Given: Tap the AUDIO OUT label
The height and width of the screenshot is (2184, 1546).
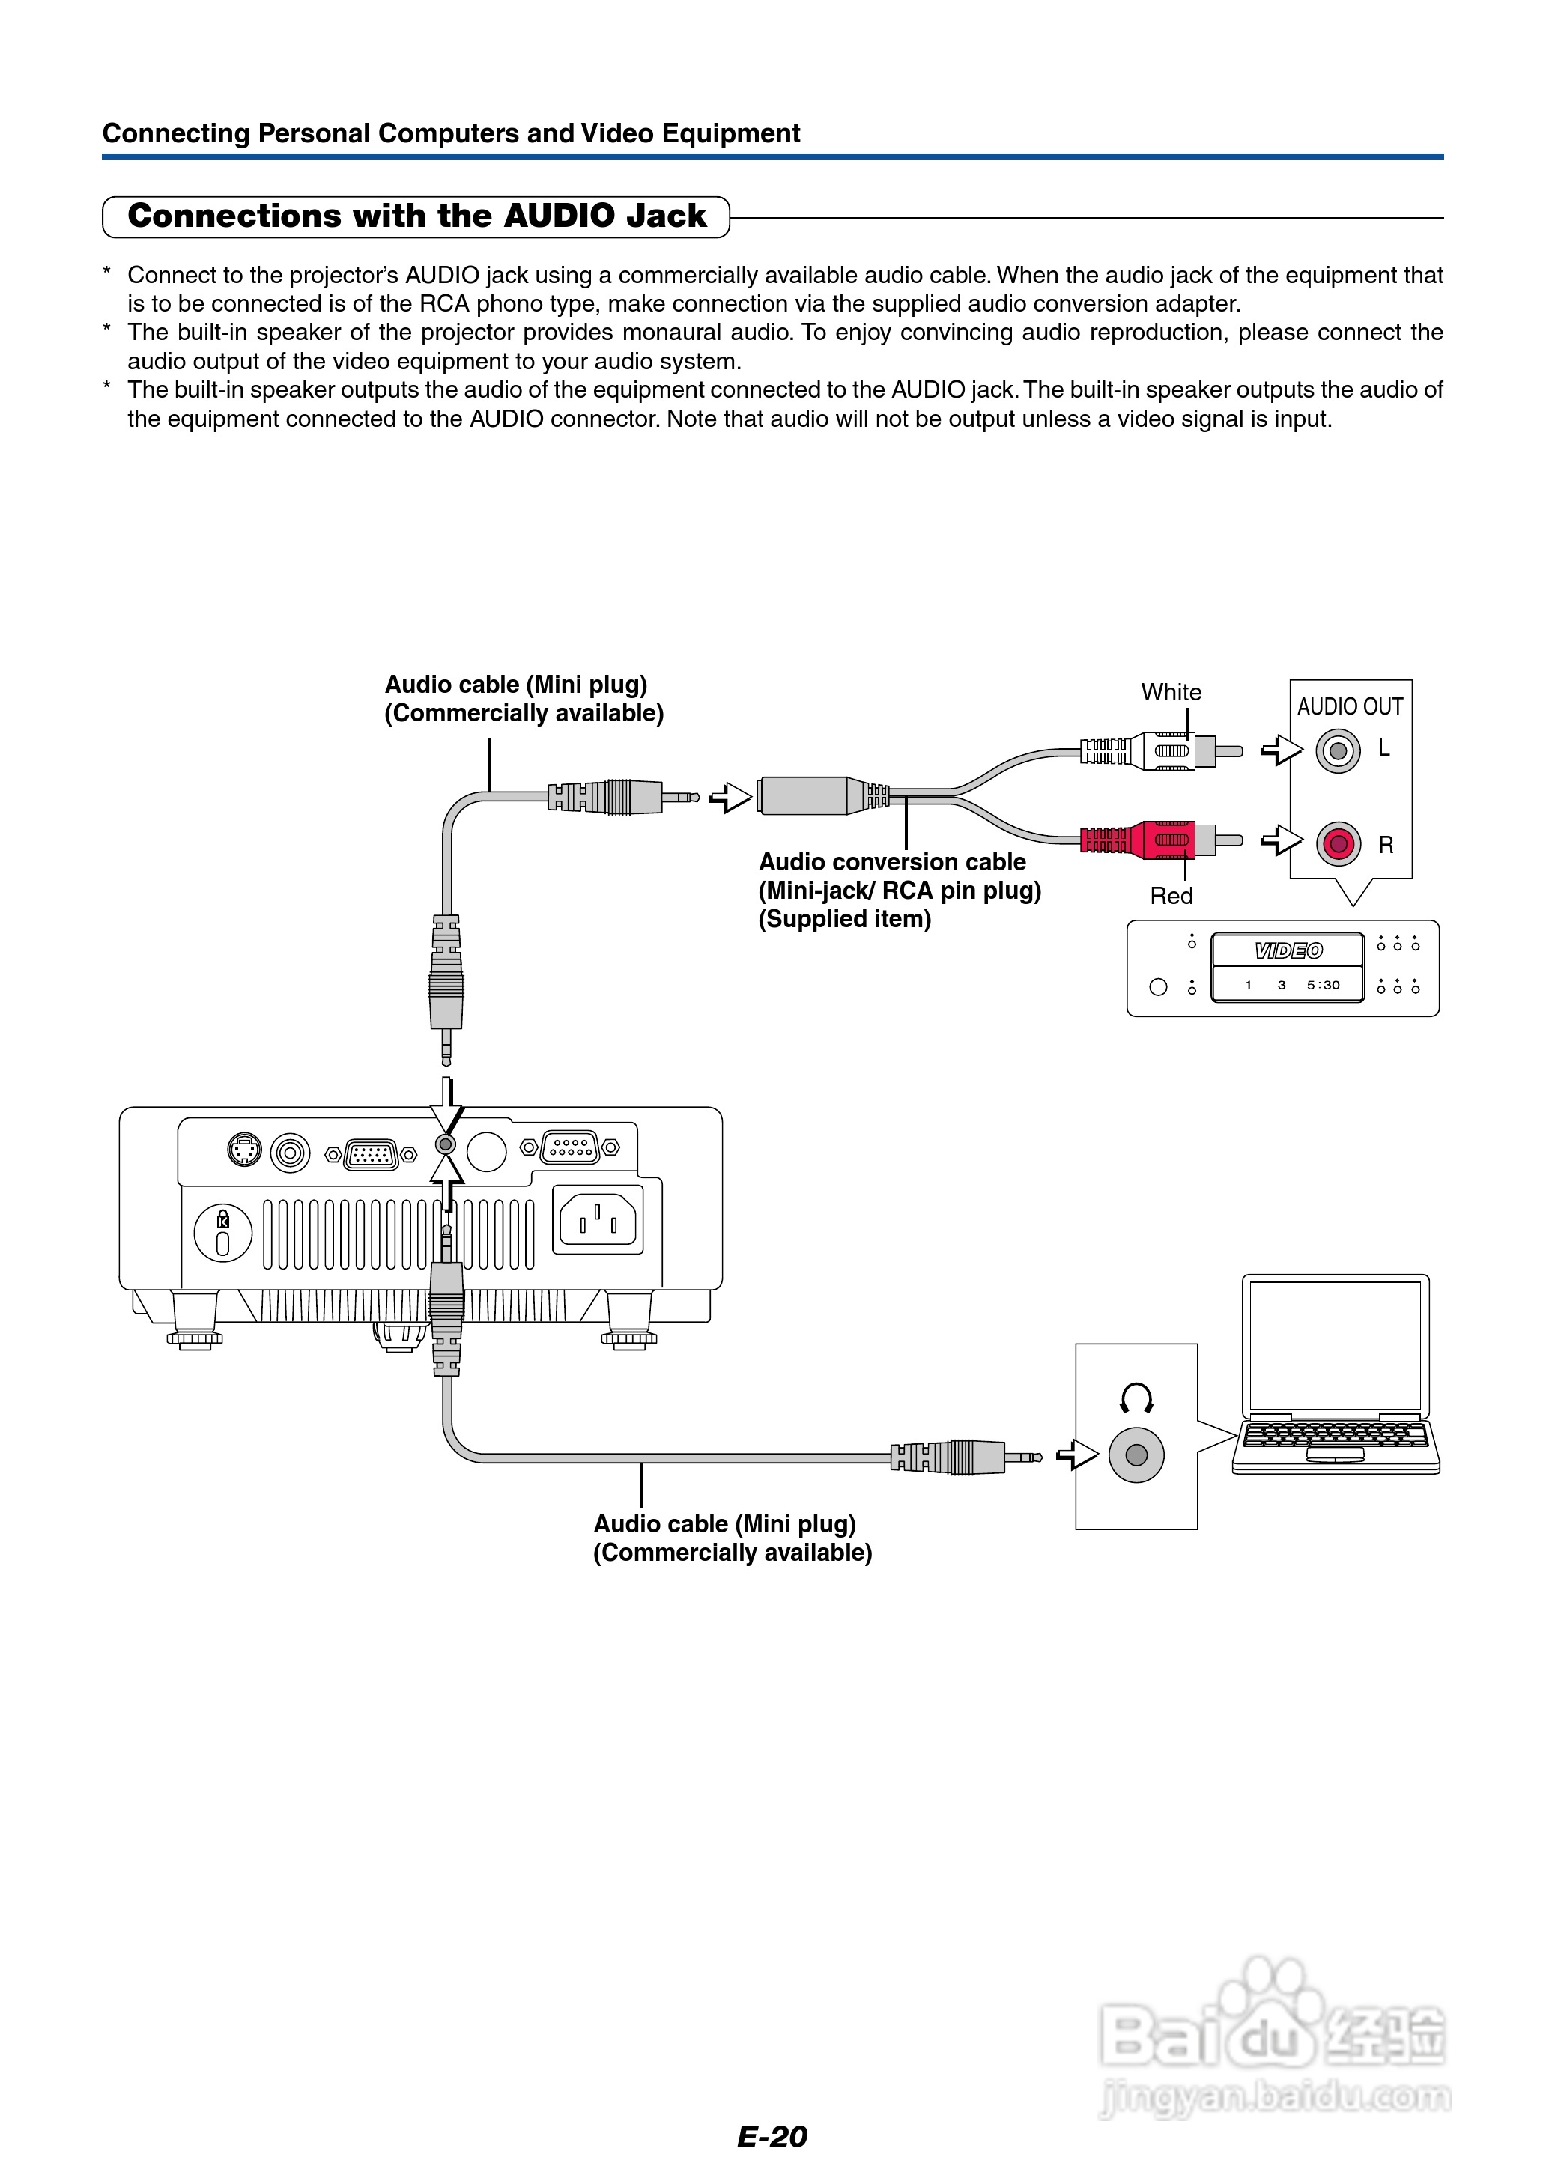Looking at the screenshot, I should point(1349,706).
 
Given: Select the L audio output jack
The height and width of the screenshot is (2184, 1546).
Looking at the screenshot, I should point(1338,750).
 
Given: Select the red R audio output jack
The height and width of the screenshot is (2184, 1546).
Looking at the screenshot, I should point(1338,843).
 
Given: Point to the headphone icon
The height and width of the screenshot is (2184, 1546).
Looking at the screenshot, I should point(1136,1398).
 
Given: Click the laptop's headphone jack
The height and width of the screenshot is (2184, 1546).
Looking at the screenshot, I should point(1136,1455).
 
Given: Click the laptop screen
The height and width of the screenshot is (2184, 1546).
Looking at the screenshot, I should point(1335,1344).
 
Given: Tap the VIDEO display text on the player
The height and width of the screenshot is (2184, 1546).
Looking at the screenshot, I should point(1288,950).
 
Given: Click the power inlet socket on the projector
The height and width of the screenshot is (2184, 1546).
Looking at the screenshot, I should point(597,1219).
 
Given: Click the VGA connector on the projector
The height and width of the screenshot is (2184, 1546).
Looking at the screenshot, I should point(372,1154).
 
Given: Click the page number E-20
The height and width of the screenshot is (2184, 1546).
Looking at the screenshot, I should point(772,2136).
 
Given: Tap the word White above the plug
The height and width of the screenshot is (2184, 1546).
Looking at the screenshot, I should point(1171,692).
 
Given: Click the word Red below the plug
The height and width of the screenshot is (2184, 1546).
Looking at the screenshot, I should point(1171,896).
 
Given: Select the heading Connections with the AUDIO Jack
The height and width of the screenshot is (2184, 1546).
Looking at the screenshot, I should point(417,216).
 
